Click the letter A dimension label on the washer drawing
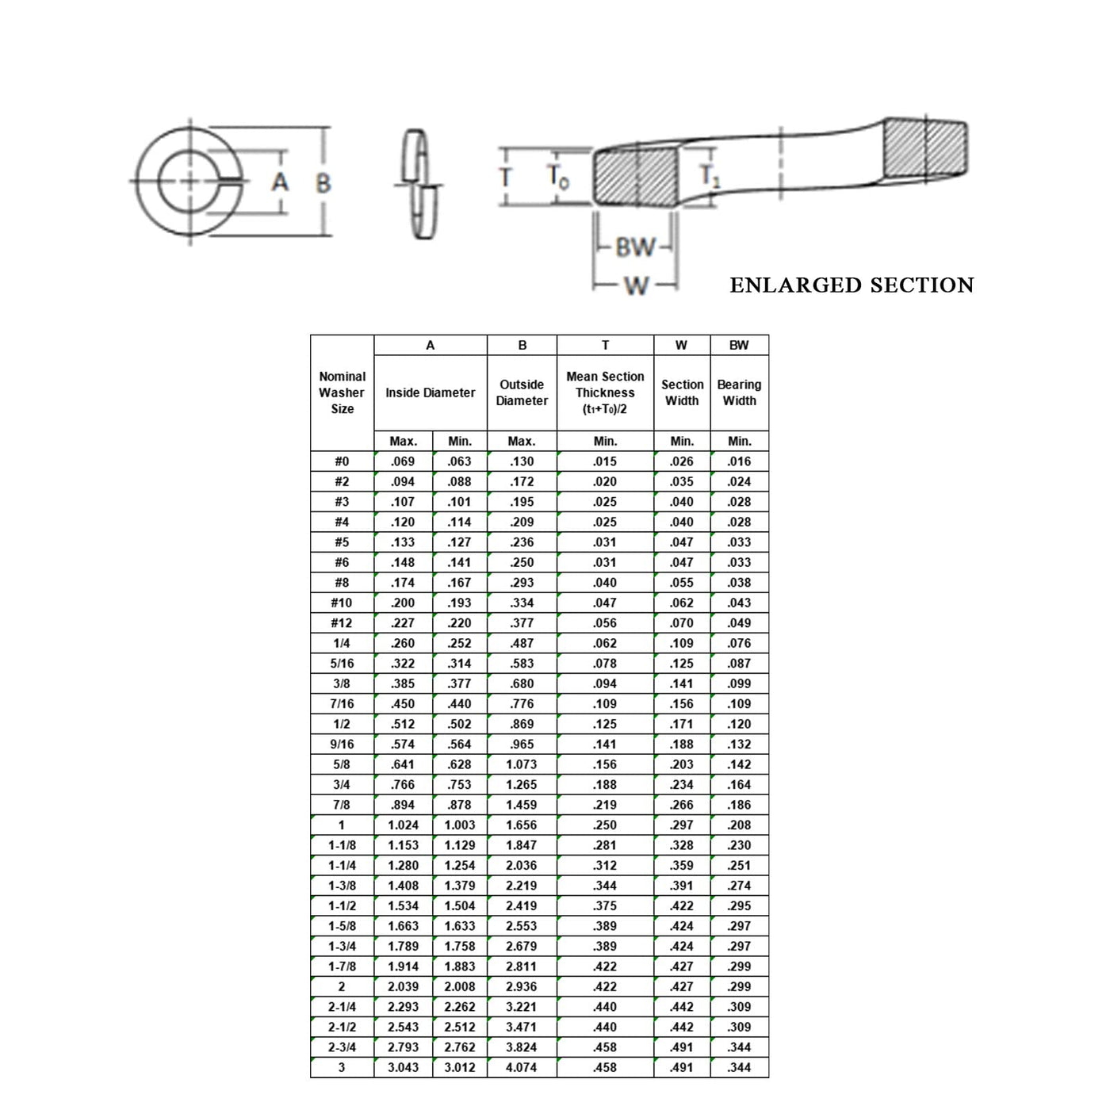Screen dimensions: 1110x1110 coord(280,182)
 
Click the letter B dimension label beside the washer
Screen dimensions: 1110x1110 coord(323,183)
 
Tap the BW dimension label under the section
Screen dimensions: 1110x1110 coord(635,247)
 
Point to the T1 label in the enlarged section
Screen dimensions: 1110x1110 coord(710,175)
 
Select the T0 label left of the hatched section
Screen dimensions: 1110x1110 coord(558,176)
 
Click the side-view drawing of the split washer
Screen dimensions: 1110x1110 coord(419,184)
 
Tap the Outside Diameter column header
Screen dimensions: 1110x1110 coord(521,392)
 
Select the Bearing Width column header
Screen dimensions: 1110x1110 coord(739,392)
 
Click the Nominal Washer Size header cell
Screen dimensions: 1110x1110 coord(343,392)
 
